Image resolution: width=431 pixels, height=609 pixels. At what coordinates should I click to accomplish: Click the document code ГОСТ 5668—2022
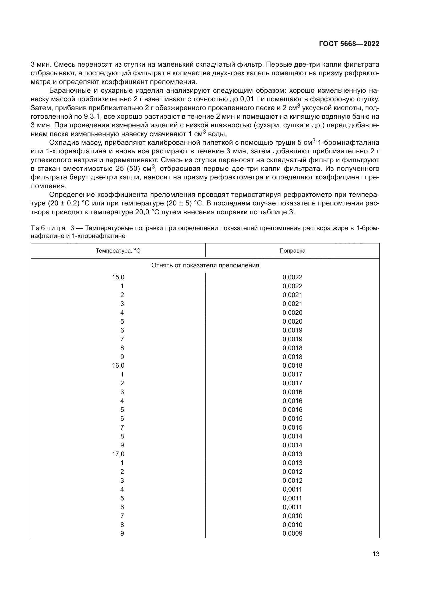[349, 44]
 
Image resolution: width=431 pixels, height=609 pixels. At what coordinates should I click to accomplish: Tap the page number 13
[376, 554]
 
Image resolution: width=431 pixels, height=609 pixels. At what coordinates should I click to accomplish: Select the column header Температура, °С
[118, 251]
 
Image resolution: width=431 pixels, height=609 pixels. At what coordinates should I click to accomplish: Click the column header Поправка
[292, 251]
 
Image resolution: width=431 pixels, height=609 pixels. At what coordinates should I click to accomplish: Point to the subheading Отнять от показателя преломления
[205, 265]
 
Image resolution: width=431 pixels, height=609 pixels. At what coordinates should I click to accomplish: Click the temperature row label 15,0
[118, 277]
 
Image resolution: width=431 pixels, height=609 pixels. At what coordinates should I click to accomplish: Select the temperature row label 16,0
[118, 366]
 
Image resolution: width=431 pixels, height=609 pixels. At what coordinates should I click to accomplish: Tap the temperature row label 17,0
[118, 454]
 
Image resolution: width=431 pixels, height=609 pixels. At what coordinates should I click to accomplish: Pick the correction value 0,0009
[292, 533]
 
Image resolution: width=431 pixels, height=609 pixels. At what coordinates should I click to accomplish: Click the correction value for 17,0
[292, 454]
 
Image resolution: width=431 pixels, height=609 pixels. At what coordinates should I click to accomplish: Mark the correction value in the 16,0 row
[292, 366]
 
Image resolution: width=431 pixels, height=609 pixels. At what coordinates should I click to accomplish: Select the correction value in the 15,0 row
[292, 277]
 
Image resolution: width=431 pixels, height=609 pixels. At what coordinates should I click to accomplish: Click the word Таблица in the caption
[48, 228]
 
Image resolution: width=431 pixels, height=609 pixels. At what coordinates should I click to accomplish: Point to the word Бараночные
[70, 90]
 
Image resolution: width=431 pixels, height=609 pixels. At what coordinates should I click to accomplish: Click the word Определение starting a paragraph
[72, 195]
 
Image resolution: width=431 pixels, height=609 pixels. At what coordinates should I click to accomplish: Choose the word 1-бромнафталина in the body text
[348, 143]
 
